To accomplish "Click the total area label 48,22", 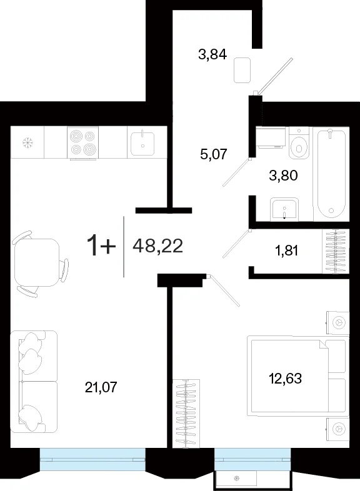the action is pos(157,246).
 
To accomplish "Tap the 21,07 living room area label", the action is pos(101,387).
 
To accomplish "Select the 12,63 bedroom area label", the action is pos(285,379).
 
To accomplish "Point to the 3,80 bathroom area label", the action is pos(283,176).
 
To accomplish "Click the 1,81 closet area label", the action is pos(286,250).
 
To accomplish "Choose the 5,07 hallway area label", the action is pos(213,154).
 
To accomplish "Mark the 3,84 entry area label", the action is pos(212,54).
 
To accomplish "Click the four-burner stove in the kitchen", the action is pos(82,142).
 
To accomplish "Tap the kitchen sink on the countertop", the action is pos(142,143).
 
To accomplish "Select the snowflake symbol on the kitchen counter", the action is pos(27,143).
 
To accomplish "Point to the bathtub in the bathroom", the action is pos(331,173).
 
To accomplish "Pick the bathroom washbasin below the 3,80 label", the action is pos(284,209).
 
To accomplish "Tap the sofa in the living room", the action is pos(34,381).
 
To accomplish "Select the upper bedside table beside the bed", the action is pos(337,322).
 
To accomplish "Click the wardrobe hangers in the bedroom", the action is pos(186,414).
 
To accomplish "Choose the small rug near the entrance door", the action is pos(242,70).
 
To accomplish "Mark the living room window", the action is pos(92,459).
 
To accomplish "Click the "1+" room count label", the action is pos(101,246).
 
